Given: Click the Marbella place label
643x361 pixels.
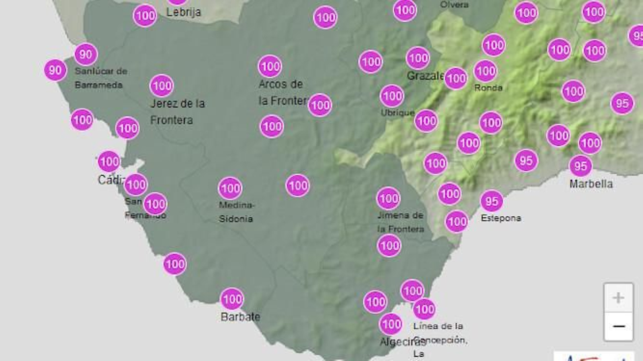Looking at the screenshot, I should pos(591,184).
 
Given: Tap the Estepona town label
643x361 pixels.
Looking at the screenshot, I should pos(501,218).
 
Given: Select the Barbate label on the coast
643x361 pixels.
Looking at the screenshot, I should pos(240,316).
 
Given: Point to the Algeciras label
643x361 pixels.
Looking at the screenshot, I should pos(402,341).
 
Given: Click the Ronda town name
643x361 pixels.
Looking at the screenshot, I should pos(488,87).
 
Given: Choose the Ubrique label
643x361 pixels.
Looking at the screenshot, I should pos(397,113).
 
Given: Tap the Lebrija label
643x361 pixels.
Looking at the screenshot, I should pos(184,12).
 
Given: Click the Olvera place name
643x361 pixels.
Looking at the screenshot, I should pos(454,5).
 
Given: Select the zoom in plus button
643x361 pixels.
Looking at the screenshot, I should pos(618,298).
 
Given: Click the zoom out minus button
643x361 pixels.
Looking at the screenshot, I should pos(618,327).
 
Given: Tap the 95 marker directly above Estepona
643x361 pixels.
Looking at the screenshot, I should pos(491,201).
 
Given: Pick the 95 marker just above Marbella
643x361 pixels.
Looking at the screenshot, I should pos(580,166).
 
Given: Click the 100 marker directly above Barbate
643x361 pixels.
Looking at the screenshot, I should pos(232,299).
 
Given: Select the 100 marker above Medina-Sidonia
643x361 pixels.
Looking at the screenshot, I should pos(230,188).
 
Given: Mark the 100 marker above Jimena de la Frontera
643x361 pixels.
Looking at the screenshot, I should pos(388,198).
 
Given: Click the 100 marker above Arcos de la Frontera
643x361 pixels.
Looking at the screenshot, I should pos(270,66).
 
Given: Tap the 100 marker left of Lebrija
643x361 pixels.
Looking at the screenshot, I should pos(145,16).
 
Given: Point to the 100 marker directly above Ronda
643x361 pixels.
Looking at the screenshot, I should pos(485,71).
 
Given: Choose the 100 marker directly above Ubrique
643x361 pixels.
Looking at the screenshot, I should pos(392,96).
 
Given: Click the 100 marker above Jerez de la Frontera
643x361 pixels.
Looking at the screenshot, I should pos(162,85).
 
